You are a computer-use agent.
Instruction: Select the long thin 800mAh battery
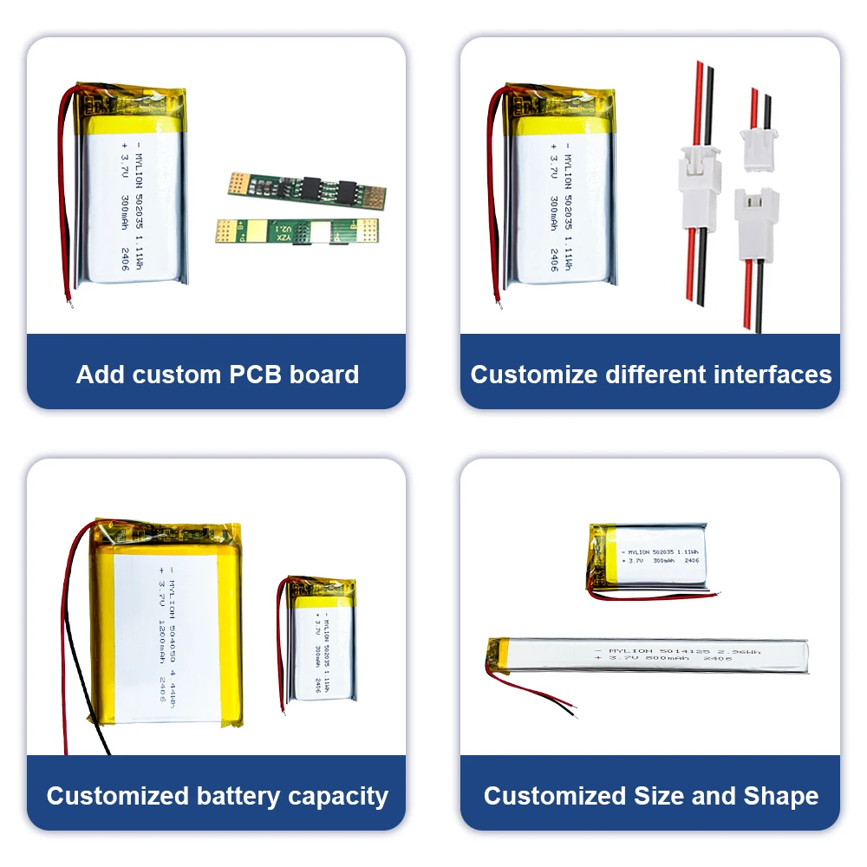650,655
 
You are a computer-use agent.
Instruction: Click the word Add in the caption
101,375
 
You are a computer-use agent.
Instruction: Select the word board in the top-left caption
323,375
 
